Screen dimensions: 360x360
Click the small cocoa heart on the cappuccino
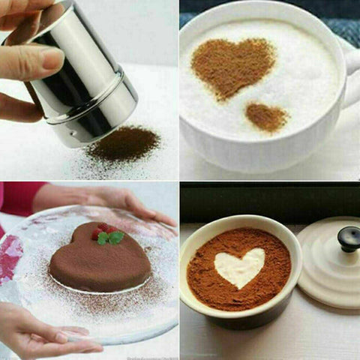(266, 116)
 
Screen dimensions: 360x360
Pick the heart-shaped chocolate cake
(97, 259)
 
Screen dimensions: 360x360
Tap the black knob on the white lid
(347, 238)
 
